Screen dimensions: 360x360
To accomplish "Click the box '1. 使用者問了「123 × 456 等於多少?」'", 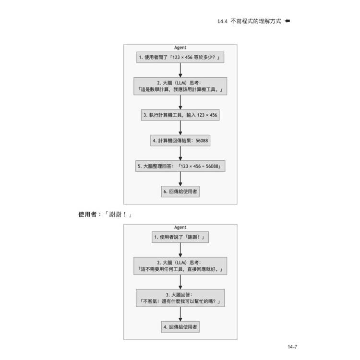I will coord(180,58).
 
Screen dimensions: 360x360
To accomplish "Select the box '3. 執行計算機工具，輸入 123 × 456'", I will coord(180,115).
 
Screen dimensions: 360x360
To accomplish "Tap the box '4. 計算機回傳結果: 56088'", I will coord(180,141).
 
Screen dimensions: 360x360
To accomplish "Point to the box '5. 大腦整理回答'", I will coord(180,166).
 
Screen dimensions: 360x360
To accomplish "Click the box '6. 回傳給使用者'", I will coord(180,191).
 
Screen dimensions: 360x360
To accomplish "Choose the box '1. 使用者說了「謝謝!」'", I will coord(180,237).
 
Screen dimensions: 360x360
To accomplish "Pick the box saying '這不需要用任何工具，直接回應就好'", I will coord(180,266).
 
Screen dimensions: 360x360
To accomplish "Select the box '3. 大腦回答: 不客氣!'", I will coord(180,298).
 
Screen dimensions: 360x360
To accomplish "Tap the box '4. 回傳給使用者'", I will coord(180,327).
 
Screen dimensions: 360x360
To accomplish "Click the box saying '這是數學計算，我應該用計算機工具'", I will coord(180,86).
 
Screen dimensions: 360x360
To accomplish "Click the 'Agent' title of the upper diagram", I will coord(180,48).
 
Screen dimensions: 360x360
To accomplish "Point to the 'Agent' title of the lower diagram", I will coord(180,228).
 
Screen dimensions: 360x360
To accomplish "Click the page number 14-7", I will coord(293,347).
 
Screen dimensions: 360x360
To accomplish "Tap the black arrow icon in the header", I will coord(288,21).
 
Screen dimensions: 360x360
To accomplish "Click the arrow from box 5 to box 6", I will coord(180,179).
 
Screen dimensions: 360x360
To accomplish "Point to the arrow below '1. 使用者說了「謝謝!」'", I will coord(180,250).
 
